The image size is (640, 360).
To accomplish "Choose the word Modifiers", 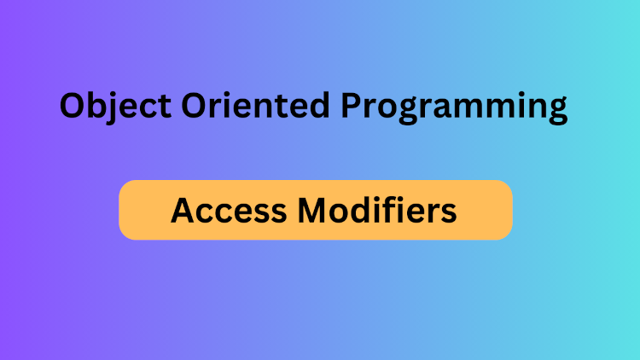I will [x=380, y=210].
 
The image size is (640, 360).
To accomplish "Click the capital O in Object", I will [x=73, y=105].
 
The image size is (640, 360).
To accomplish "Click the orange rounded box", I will [x=315, y=210].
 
